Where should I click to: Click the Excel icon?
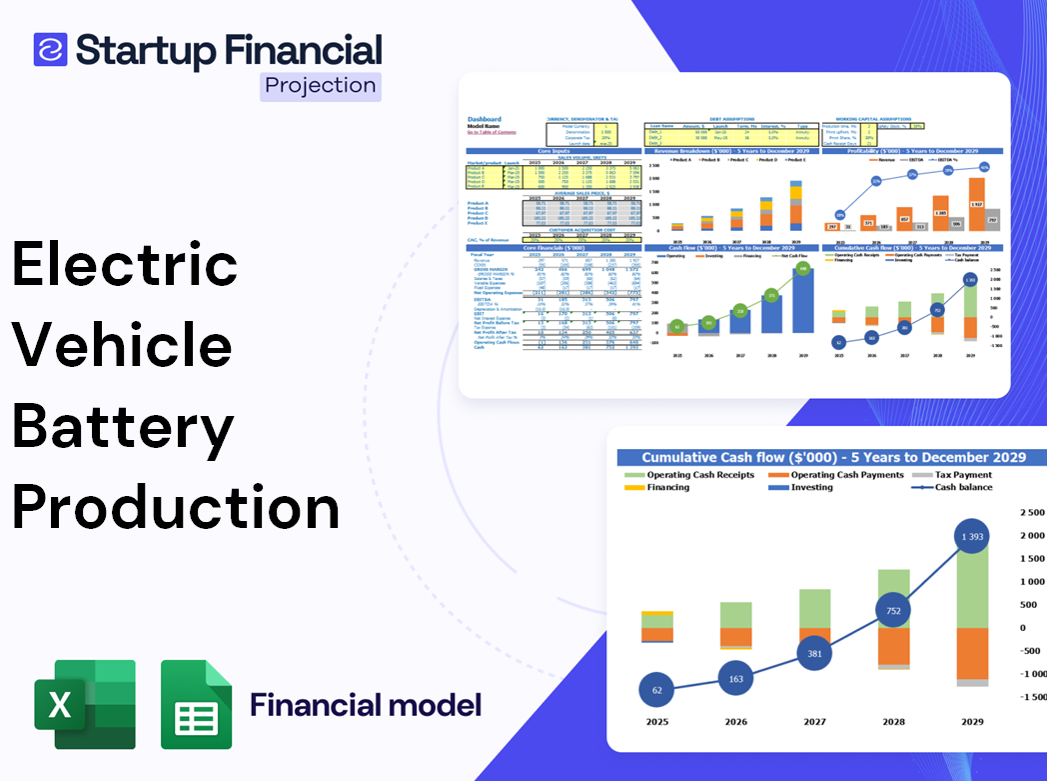[85, 704]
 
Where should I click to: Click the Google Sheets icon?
[196, 704]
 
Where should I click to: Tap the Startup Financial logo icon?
[50, 49]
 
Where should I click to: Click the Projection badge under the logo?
[320, 85]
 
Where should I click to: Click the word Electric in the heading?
[125, 265]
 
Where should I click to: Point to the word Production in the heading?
[176, 508]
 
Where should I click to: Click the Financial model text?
[366, 705]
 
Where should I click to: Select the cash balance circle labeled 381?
[815, 653]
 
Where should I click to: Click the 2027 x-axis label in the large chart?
[814, 722]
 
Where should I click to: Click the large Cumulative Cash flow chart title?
[833, 457]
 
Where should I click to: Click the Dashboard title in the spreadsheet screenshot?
[485, 119]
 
